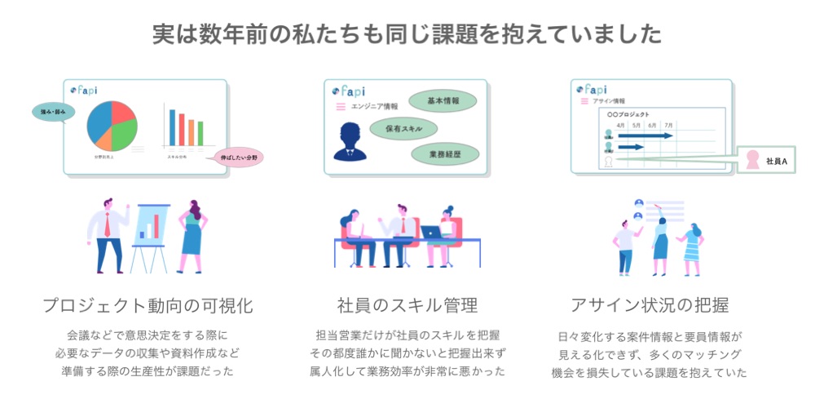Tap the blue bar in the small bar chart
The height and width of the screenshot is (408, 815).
(x=172, y=126)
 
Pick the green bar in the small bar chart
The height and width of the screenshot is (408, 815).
(x=200, y=132)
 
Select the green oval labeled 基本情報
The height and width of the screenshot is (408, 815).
(x=443, y=101)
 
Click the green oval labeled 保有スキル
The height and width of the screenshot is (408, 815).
(x=403, y=127)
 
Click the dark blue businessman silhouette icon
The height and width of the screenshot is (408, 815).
(x=351, y=140)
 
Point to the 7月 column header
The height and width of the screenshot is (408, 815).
(x=668, y=126)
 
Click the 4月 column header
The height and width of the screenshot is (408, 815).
(x=620, y=126)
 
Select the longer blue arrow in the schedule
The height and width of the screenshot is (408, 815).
(x=645, y=135)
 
